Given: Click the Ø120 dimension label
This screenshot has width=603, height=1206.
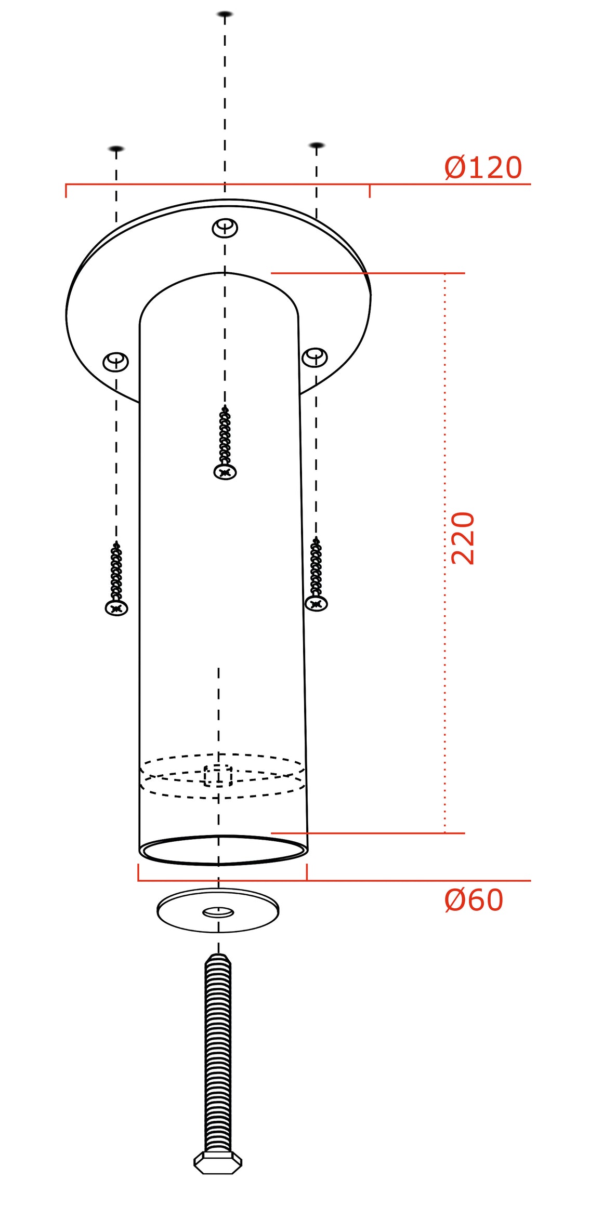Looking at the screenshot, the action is pyautogui.click(x=483, y=167).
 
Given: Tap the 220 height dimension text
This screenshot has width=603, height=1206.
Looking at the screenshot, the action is pyautogui.click(x=463, y=538).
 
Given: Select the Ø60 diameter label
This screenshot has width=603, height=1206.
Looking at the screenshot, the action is pyautogui.click(x=474, y=900).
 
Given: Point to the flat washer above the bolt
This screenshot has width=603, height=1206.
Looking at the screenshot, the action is pyautogui.click(x=218, y=910).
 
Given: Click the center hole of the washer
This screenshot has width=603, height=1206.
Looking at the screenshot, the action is pyautogui.click(x=218, y=912).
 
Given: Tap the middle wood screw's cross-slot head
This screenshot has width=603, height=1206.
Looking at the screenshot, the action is pyautogui.click(x=225, y=472).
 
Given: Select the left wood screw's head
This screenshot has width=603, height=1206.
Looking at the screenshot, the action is pyautogui.click(x=116, y=607).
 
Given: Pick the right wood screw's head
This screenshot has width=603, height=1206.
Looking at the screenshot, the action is pyautogui.click(x=316, y=603).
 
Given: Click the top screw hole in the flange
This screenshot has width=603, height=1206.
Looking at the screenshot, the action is pyautogui.click(x=225, y=228).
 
